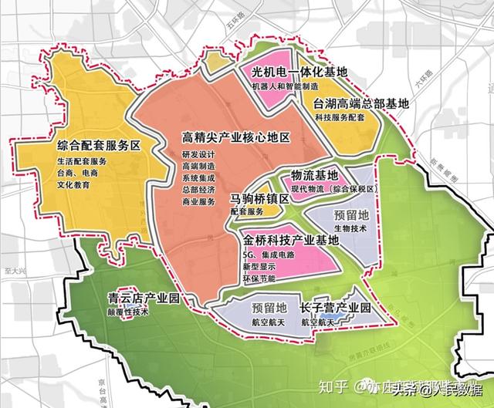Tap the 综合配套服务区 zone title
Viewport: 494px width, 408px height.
[102, 146]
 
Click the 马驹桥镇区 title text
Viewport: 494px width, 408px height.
[259, 199]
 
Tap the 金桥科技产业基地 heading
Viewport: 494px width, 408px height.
[290, 240]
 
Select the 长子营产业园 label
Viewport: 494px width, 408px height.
[335, 308]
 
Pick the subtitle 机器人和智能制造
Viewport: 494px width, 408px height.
[289, 86]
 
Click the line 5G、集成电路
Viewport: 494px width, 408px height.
[270, 255]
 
